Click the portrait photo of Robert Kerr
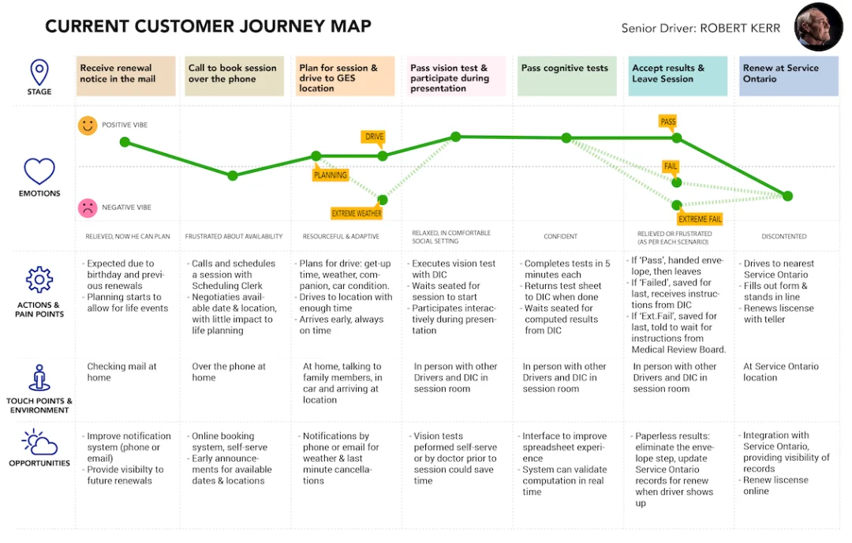(818, 27)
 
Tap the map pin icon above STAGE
(39, 73)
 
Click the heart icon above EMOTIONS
(39, 171)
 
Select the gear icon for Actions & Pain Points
(39, 280)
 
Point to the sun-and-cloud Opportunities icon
(39, 442)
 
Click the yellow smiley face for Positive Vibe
(88, 125)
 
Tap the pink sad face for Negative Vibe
(88, 208)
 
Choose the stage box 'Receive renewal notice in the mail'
(125, 76)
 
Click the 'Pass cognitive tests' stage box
(566, 76)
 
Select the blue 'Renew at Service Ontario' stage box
(788, 76)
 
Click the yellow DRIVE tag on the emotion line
(374, 137)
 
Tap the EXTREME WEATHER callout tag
(357, 214)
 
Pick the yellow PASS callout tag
(668, 122)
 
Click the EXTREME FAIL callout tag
(700, 219)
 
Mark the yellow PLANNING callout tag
(330, 174)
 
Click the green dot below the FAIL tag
(677, 182)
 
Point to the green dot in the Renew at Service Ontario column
(787, 196)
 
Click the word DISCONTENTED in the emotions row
(783, 237)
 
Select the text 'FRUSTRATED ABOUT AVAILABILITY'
(234, 237)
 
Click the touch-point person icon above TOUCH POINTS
(39, 378)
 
